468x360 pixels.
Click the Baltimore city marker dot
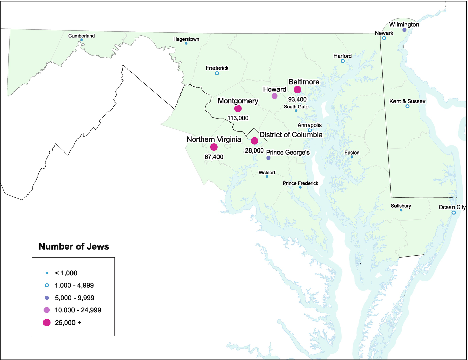[x=297, y=89]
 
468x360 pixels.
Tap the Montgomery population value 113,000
[x=238, y=118]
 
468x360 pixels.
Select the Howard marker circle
[x=275, y=96]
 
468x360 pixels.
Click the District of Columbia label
[x=291, y=135]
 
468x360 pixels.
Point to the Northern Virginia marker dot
[x=214, y=147]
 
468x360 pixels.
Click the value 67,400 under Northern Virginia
[x=214, y=157]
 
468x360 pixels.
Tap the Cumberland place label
[x=82, y=36]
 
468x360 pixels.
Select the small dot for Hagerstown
[x=186, y=44]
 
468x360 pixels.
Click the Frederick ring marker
[x=217, y=73]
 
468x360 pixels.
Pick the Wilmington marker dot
[x=404, y=30]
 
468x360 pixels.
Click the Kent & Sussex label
[x=407, y=101]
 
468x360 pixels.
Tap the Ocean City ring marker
[x=454, y=213]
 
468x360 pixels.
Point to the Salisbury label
[x=401, y=206]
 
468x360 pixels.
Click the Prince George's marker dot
[x=268, y=158]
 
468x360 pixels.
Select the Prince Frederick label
[x=300, y=183]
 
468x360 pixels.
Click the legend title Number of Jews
[x=74, y=247]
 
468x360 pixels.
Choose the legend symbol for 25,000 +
[x=47, y=323]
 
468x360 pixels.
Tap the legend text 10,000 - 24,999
[x=78, y=310]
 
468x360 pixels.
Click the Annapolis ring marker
[x=310, y=130]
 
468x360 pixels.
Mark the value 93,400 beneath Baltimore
[x=297, y=99]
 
